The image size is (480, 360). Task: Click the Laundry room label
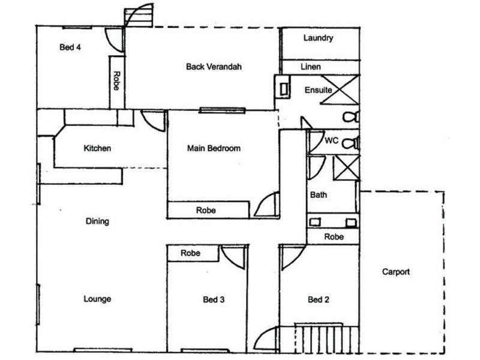318,38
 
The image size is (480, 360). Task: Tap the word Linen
310,67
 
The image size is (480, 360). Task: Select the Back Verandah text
214,67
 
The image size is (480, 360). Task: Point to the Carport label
396,272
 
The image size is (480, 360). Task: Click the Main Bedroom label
214,148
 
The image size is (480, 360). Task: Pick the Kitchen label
97,148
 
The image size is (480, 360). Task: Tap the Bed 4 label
70,48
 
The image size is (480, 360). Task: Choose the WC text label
332,141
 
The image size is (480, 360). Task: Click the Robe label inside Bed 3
190,253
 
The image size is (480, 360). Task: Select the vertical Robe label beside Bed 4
116,80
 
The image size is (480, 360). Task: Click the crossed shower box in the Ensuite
343,91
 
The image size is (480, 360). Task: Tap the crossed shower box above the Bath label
346,167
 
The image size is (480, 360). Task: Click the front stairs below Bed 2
322,338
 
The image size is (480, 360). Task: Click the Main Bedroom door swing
266,206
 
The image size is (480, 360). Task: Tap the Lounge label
97,299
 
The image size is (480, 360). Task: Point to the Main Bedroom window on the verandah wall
223,110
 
